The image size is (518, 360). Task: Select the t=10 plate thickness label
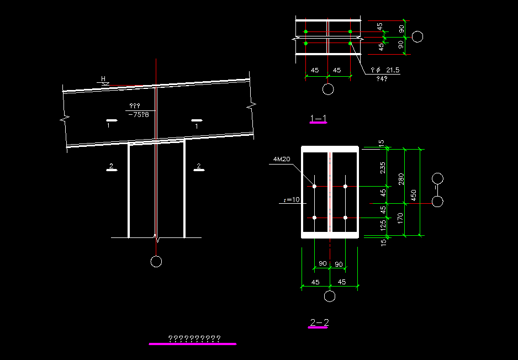click(292, 200)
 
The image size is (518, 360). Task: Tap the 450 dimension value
click(414, 195)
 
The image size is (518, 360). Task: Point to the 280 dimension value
click(401, 179)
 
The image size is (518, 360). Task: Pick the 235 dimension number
click(383, 168)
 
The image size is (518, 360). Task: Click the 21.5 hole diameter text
click(393, 71)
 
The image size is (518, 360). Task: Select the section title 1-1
click(318, 118)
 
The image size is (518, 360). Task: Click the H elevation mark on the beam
click(103, 79)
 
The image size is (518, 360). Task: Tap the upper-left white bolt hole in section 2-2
click(314, 187)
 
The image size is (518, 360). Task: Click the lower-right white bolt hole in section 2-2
click(345, 218)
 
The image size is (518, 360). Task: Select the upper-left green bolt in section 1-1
click(306, 31)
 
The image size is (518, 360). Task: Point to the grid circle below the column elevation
click(156, 262)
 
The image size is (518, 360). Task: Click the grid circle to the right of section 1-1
click(418, 37)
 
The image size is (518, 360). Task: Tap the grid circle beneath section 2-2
click(330, 297)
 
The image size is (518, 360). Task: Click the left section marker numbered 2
click(112, 168)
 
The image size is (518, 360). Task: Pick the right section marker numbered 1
click(197, 123)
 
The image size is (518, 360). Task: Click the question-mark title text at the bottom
click(194, 338)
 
